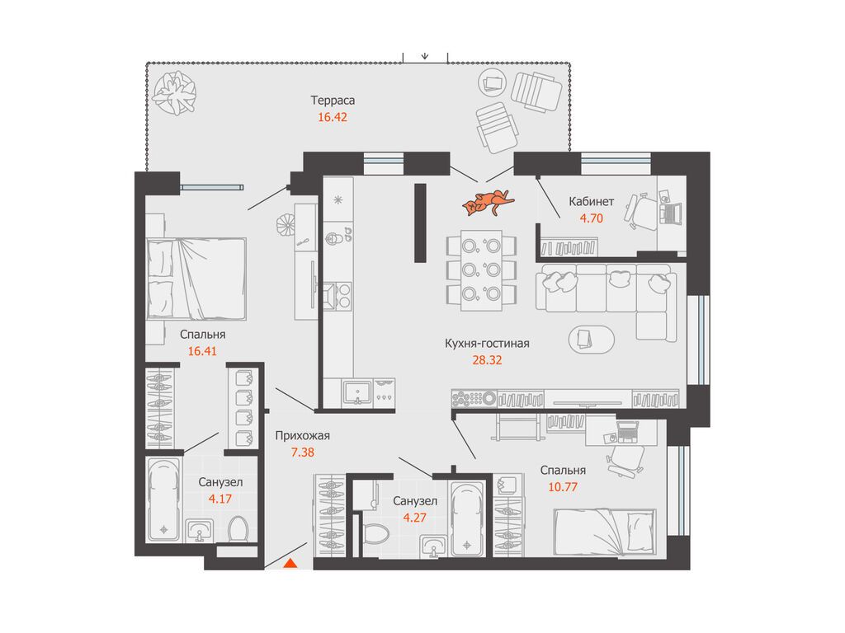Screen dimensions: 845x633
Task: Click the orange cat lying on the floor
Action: [488, 203]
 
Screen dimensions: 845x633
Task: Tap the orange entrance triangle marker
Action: [290, 564]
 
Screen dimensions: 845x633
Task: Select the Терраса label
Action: [333, 101]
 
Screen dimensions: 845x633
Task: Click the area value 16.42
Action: [333, 117]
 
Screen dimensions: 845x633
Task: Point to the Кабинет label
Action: [591, 202]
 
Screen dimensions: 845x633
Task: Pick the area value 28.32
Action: [487, 360]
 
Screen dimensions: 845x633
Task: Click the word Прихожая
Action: [302, 436]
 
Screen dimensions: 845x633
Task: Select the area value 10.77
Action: [563, 487]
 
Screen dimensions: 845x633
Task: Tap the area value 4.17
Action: [220, 499]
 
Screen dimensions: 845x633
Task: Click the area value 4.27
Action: [414, 518]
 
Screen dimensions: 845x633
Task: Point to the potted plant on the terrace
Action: [173, 93]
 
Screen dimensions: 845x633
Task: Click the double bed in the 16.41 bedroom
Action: [196, 279]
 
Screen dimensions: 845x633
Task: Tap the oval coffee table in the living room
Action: [591, 340]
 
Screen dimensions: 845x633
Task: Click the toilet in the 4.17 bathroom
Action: [238, 530]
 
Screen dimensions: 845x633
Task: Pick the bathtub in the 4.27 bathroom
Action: [467, 518]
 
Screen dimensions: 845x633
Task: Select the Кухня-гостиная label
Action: [487, 344]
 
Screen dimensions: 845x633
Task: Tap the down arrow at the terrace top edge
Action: [425, 55]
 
